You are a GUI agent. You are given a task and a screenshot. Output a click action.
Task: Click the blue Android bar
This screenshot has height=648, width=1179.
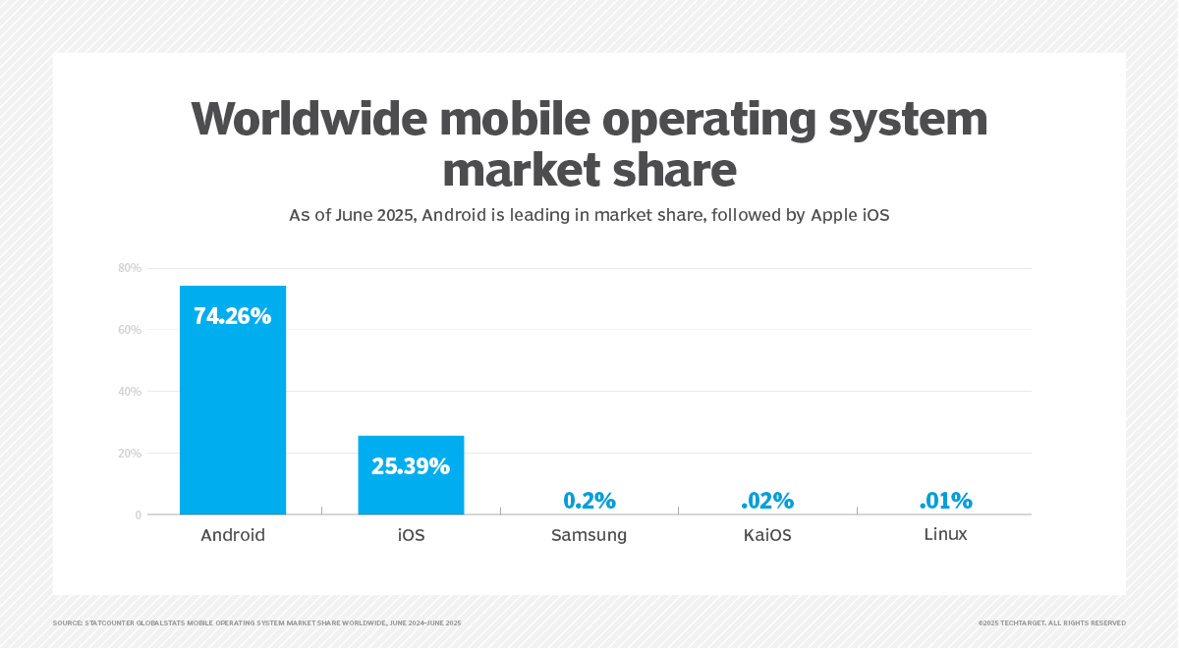click(x=233, y=412)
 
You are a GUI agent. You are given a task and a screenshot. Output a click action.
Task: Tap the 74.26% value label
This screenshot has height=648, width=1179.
click(x=233, y=316)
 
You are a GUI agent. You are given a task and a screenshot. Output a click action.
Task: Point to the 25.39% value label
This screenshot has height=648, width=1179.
click(x=411, y=466)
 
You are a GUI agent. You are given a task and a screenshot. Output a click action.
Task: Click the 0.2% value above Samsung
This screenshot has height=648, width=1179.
click(x=589, y=501)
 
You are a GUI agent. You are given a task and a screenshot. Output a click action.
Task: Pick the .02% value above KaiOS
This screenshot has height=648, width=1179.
click(x=767, y=501)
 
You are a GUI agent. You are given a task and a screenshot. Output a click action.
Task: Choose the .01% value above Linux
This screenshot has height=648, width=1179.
click(x=945, y=501)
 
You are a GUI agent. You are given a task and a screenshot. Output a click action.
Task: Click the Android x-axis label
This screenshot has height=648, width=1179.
click(x=233, y=536)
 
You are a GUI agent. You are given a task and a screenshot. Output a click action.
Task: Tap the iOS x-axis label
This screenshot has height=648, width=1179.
click(x=411, y=536)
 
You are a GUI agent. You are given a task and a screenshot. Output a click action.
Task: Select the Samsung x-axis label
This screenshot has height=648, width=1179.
click(x=589, y=536)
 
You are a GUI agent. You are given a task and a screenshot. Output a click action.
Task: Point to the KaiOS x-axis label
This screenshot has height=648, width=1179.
click(x=767, y=536)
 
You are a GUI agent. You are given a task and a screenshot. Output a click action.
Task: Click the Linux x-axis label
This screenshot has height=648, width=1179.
click(x=945, y=535)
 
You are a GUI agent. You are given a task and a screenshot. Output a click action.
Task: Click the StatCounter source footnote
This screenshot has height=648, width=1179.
click(x=256, y=623)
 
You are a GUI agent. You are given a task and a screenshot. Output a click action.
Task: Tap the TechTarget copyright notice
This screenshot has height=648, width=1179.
click(x=1051, y=623)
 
